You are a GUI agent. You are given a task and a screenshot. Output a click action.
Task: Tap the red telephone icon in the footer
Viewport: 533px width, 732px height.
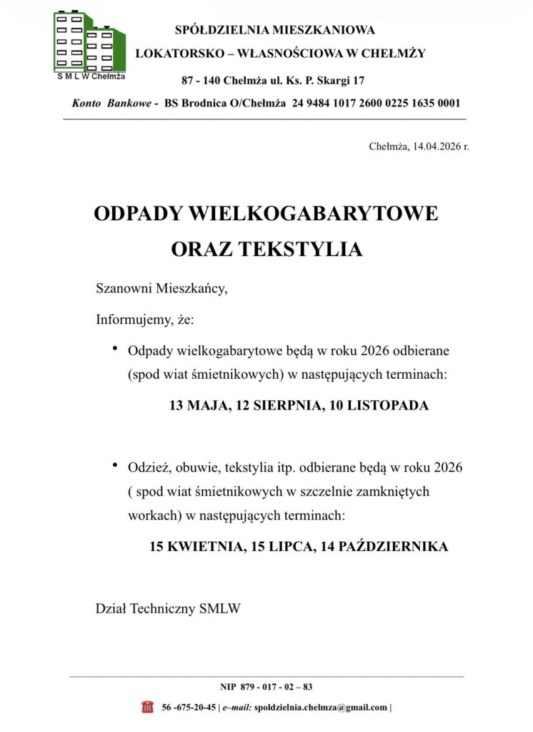pos(147,707)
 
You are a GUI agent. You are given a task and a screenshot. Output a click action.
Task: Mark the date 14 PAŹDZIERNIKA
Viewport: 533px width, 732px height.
pos(384,546)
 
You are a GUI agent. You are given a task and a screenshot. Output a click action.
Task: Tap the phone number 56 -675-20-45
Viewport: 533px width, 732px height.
pos(189,707)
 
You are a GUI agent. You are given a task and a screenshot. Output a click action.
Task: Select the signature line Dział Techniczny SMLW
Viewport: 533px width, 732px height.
pos(169,608)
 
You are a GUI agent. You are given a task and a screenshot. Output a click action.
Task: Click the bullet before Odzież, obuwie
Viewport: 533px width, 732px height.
pos(114,466)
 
